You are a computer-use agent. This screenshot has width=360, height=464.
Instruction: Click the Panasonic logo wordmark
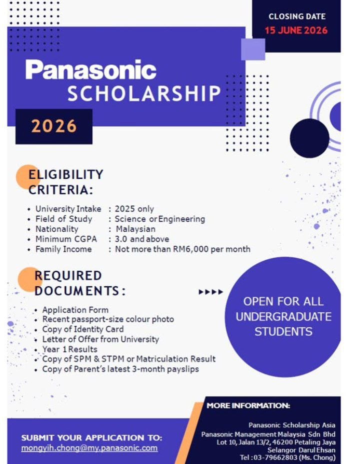91,70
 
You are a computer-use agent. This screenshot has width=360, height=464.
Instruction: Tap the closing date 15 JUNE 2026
296,30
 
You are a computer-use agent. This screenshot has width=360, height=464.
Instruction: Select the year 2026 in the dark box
54,126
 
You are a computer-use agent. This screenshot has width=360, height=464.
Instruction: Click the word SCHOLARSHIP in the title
144,94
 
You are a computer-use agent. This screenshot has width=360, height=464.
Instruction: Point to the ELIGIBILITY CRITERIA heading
66,182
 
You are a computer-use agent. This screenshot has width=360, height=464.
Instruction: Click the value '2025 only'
134,209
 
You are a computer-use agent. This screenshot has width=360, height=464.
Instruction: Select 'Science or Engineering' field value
159,219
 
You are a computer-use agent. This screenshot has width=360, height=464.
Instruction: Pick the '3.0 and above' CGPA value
142,239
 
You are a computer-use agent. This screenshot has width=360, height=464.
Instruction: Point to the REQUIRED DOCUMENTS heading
79,283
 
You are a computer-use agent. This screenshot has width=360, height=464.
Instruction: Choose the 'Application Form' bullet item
75,309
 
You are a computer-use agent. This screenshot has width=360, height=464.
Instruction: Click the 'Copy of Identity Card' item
82,329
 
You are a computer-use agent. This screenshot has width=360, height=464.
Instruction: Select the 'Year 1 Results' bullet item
69,349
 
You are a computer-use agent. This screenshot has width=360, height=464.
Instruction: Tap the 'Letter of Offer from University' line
100,339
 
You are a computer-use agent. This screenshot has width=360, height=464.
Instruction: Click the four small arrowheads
210,291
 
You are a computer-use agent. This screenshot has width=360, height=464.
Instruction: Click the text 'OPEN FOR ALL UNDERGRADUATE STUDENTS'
283,316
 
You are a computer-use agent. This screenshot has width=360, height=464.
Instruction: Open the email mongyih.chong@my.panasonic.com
89,448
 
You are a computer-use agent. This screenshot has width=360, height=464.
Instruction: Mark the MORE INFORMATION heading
248,405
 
